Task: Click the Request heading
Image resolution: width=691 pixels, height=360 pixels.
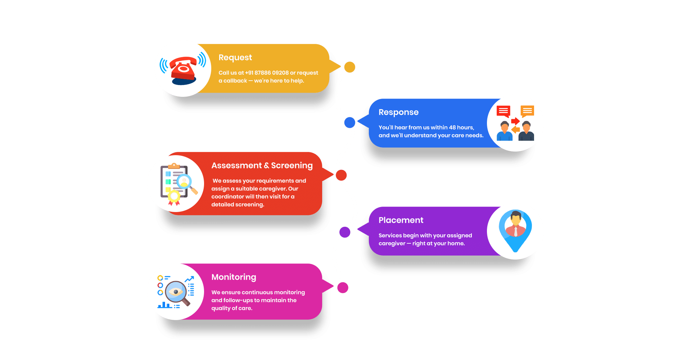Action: click(235, 58)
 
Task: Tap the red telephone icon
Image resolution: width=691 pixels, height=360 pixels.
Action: click(183, 68)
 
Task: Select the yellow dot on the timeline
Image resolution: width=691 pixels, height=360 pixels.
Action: click(349, 67)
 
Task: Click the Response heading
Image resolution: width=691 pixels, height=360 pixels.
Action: click(398, 112)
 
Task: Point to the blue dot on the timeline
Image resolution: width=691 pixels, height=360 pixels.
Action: click(349, 122)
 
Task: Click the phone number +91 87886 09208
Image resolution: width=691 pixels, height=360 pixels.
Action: click(267, 73)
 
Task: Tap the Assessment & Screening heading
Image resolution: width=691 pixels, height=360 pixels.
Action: click(262, 166)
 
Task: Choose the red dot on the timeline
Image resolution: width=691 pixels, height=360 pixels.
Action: click(341, 175)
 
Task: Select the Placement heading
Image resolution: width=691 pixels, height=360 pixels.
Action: click(401, 220)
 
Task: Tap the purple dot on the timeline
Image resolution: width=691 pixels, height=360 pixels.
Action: click(345, 232)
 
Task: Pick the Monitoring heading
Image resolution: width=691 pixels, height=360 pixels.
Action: click(234, 277)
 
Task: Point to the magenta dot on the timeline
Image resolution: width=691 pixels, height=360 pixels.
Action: click(343, 288)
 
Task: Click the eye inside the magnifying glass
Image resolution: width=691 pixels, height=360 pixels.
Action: click(176, 292)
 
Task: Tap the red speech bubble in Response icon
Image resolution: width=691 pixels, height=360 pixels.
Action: click(503, 111)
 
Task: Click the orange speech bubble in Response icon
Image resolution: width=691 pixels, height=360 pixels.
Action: click(527, 111)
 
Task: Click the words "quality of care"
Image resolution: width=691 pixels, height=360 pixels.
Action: click(231, 308)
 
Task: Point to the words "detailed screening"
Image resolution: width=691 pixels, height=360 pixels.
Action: click(238, 204)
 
